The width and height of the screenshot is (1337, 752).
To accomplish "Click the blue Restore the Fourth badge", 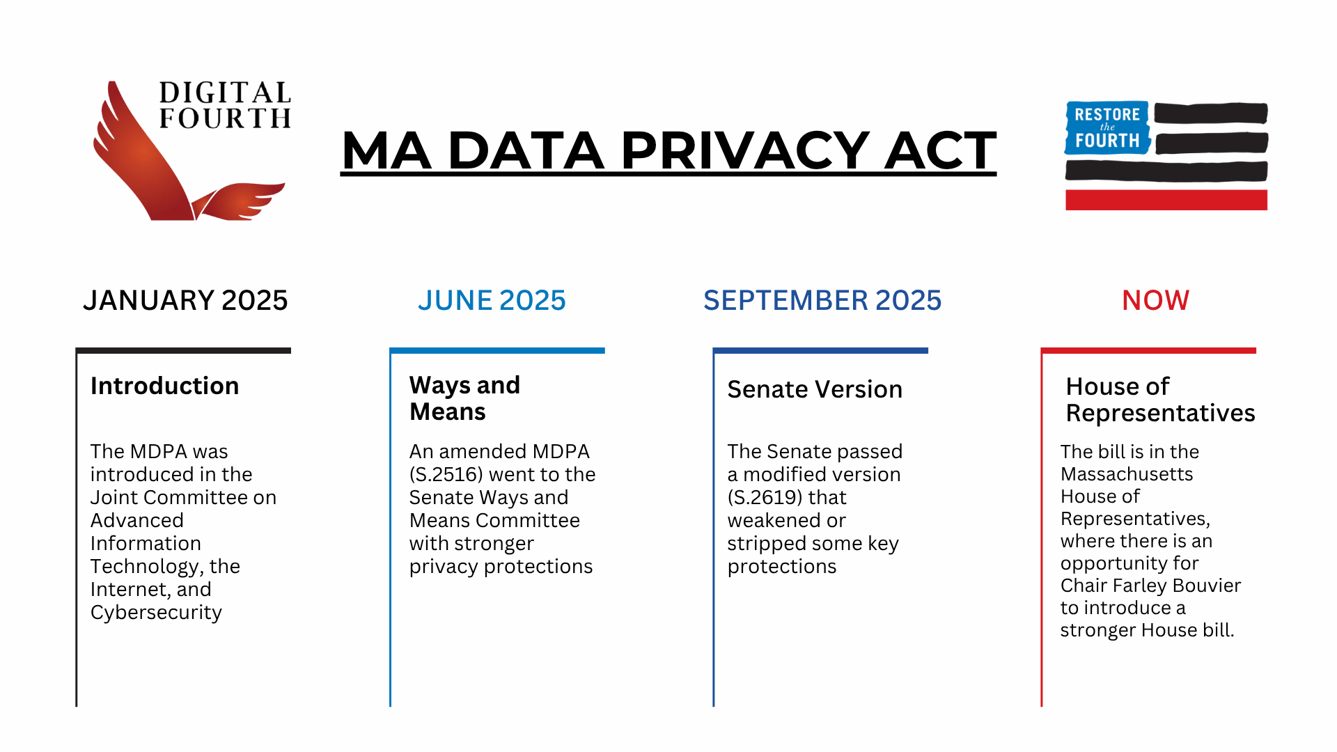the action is tap(1107, 127).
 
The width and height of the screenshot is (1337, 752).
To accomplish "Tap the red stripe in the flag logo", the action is tap(1166, 200).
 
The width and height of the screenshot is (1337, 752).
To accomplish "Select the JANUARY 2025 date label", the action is tap(185, 300).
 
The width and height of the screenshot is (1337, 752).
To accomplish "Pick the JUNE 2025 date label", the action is tap(492, 300).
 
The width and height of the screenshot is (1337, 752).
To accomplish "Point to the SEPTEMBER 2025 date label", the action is tap(822, 300).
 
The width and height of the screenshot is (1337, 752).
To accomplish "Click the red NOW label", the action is tap(1155, 300).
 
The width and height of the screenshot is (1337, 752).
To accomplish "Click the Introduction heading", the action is tap(164, 386).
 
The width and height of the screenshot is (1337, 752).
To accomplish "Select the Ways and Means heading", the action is tap(464, 398).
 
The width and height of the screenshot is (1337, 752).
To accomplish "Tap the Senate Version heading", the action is tap(815, 389).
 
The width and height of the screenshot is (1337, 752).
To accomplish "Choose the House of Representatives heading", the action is tap(1160, 400).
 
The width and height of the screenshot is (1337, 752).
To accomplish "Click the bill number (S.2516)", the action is tap(446, 474).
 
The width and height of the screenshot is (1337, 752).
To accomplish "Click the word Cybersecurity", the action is tap(156, 612).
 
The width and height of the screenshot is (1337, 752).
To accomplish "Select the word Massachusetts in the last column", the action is tap(1127, 474).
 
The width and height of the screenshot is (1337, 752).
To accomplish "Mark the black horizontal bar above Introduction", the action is tap(183, 350).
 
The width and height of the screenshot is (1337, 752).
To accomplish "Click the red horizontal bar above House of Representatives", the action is tap(1148, 350).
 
